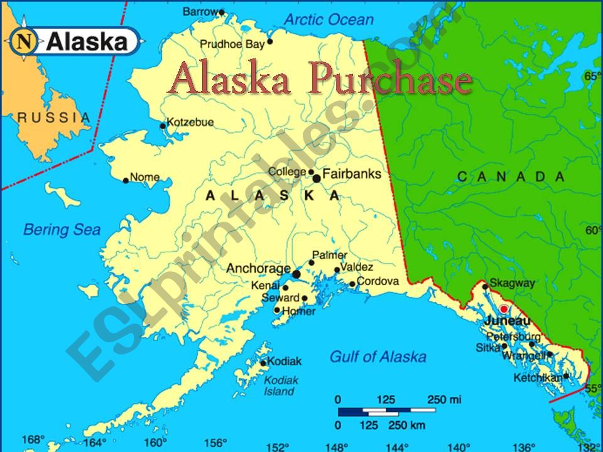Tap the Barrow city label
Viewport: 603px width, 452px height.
pyautogui.click(x=200, y=11)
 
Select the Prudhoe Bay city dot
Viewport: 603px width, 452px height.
pyautogui.click(x=270, y=42)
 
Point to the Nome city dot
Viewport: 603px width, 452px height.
pyautogui.click(x=126, y=181)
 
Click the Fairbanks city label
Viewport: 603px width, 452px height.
pyautogui.click(x=352, y=173)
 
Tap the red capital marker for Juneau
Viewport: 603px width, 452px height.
pyautogui.click(x=503, y=309)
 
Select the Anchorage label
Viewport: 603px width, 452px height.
pyautogui.click(x=258, y=268)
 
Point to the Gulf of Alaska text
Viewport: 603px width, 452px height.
pyautogui.click(x=378, y=357)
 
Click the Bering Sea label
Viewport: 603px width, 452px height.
pyautogui.click(x=62, y=230)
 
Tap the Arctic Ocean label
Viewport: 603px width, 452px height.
pyautogui.click(x=329, y=19)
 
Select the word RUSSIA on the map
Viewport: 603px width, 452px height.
pyautogui.click(x=53, y=117)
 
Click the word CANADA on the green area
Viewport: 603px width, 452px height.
pyautogui.click(x=511, y=177)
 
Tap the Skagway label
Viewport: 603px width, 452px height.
pyautogui.click(x=512, y=283)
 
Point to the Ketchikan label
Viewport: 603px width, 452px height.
pyautogui.click(x=537, y=378)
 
